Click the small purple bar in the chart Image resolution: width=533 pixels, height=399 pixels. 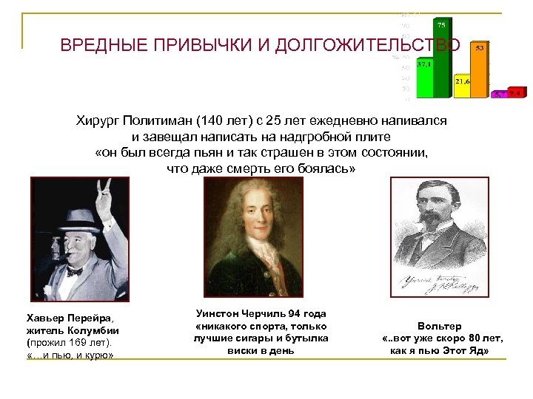(500, 95)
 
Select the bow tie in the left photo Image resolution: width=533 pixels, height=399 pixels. (74, 271)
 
